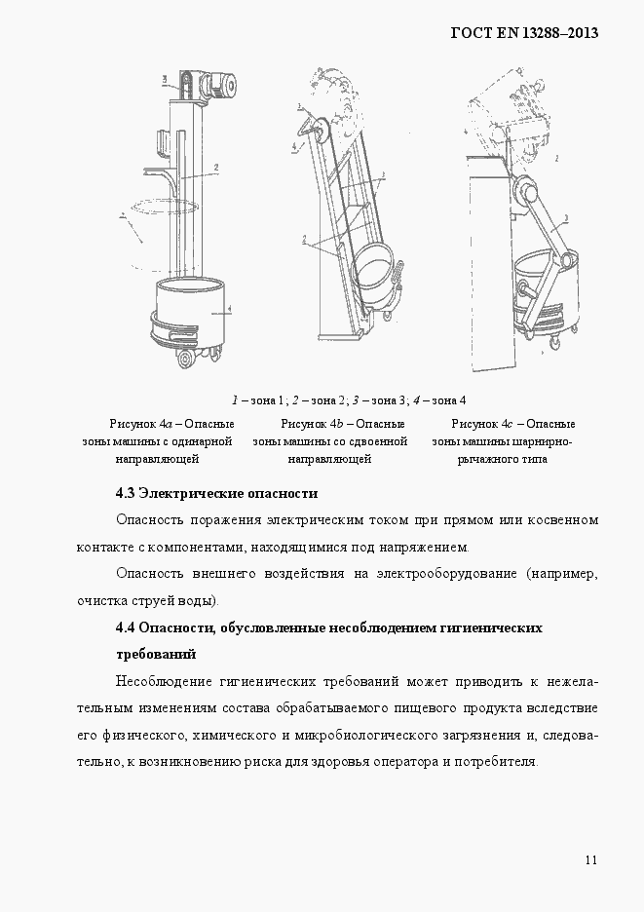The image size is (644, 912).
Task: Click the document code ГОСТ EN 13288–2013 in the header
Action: [523, 32]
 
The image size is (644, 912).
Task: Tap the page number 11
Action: [592, 859]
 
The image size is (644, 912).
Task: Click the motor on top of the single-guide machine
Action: [220, 86]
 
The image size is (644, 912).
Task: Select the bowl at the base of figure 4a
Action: [192, 312]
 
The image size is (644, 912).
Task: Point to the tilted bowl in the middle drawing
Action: [374, 268]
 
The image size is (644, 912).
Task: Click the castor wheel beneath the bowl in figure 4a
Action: [184, 362]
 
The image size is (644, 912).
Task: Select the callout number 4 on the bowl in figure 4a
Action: [227, 310]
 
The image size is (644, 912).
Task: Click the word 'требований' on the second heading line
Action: [156, 654]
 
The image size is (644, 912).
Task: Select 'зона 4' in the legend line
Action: [449, 400]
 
